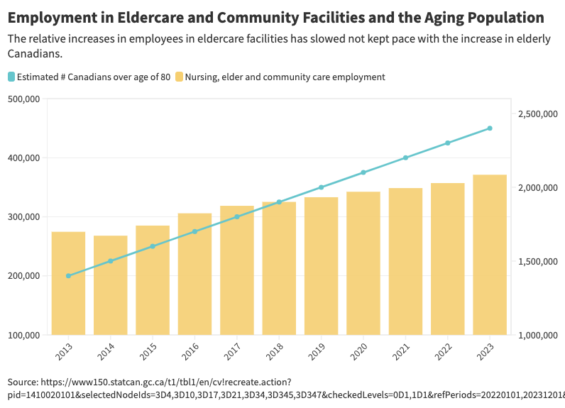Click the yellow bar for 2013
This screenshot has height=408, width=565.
(x=68, y=283)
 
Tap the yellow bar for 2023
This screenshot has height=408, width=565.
(x=490, y=255)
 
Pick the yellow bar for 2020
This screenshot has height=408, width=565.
(x=363, y=263)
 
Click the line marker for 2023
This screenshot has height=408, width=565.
(x=490, y=128)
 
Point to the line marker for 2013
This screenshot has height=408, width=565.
(x=68, y=276)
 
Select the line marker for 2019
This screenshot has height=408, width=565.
(x=321, y=187)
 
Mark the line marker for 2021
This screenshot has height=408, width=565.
(x=405, y=158)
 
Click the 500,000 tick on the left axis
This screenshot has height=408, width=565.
(x=23, y=99)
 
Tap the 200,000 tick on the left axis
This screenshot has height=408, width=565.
(x=23, y=276)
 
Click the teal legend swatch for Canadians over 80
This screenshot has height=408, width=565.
(x=11, y=77)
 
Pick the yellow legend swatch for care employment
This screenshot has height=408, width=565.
(x=179, y=77)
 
